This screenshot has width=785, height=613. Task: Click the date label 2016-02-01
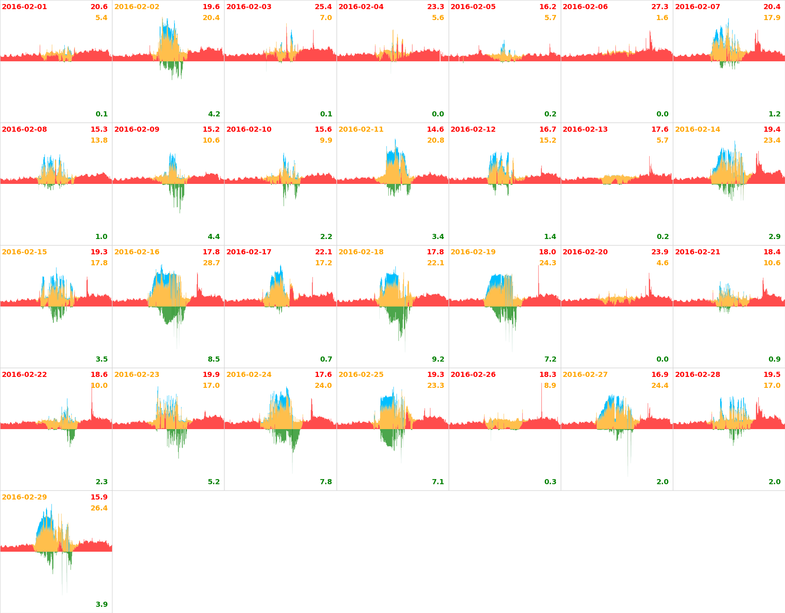24,7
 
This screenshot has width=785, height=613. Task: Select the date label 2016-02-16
137,252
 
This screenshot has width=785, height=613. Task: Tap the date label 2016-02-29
24,497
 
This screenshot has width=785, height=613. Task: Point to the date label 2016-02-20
585,252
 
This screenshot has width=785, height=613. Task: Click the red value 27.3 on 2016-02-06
660,7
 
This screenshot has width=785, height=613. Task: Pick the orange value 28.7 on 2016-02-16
211,263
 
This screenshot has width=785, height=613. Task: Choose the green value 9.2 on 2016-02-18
438,359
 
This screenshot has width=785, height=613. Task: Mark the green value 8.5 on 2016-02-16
214,359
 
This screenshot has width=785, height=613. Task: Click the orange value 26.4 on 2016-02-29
99,508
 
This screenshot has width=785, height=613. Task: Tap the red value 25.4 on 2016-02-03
323,7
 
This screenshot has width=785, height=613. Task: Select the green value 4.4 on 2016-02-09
214,237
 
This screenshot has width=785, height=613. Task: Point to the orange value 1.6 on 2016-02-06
662,18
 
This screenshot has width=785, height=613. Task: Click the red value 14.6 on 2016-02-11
435,130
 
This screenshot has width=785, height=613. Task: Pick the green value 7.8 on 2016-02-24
326,482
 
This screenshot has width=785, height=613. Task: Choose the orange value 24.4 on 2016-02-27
660,386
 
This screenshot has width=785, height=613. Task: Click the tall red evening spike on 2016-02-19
538,277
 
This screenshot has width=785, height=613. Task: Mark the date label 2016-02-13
585,130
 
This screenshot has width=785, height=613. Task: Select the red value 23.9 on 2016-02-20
660,252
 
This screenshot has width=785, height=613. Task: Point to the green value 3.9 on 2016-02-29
102,605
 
